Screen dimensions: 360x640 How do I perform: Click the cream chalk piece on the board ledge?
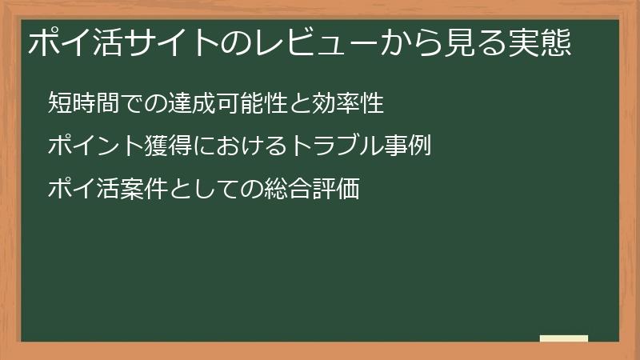(563, 338)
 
